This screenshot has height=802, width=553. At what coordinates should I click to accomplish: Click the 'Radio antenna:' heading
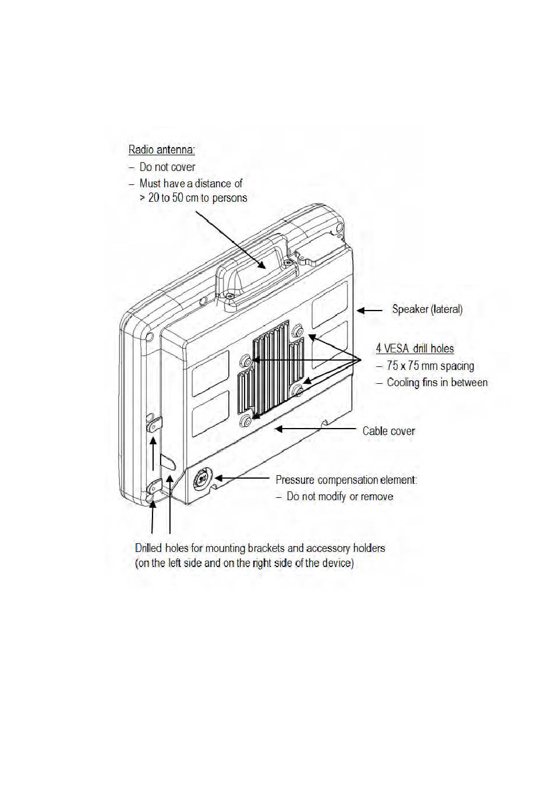(x=161, y=150)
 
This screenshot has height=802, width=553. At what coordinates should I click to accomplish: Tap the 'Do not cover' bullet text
(x=167, y=167)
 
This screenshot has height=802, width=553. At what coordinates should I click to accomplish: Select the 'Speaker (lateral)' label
(x=427, y=309)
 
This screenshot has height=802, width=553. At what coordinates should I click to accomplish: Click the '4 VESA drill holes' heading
(x=414, y=349)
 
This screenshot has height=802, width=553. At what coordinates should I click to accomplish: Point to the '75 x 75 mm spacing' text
(x=430, y=366)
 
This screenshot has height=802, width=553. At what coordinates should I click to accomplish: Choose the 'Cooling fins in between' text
(x=437, y=383)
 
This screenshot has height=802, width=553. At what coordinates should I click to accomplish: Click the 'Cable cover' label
(x=388, y=431)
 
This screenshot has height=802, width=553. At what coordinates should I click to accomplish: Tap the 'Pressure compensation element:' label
(x=346, y=480)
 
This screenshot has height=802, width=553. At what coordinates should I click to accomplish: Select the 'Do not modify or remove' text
(x=340, y=497)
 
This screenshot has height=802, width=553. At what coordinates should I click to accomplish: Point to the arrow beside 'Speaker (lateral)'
(x=368, y=311)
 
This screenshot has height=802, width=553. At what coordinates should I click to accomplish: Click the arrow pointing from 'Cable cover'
(x=315, y=429)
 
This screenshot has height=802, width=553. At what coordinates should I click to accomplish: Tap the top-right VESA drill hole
(x=298, y=330)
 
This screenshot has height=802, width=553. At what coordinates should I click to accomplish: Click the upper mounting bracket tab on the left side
(x=154, y=426)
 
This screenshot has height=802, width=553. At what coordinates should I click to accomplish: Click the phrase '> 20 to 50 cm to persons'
(x=193, y=198)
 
